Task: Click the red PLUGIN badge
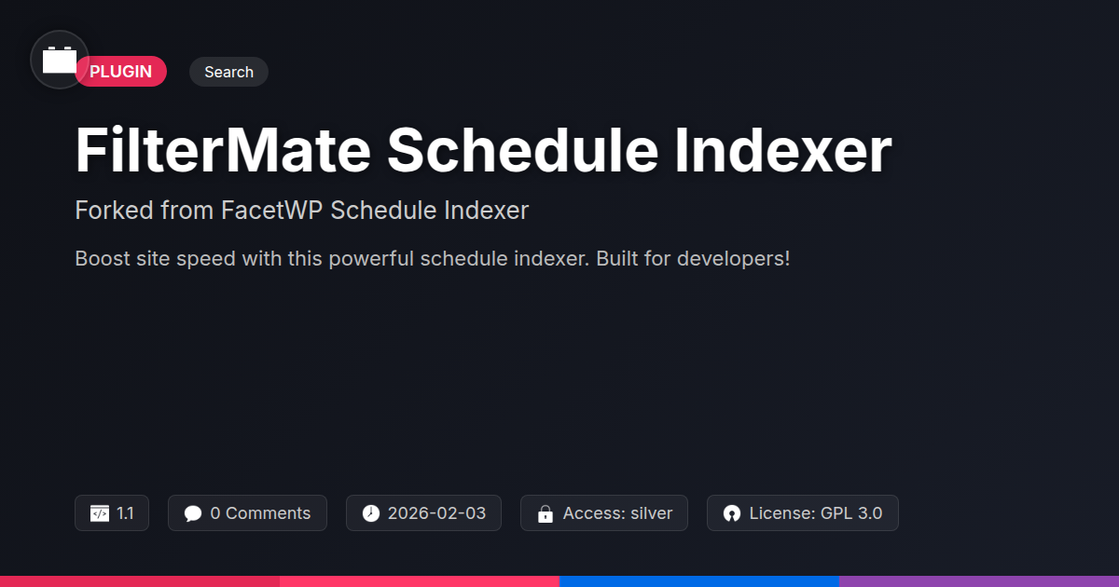pyautogui.click(x=121, y=72)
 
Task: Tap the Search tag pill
pyautogui.click(x=228, y=72)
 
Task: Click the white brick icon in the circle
pyautogui.click(x=60, y=60)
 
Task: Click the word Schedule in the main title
pyautogui.click(x=522, y=150)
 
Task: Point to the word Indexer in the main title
pyautogui.click(x=783, y=150)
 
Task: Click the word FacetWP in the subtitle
pyautogui.click(x=271, y=211)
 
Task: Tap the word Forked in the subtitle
pyautogui.click(x=115, y=211)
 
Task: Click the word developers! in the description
pyautogui.click(x=733, y=259)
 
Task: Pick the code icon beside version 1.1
pyautogui.click(x=100, y=513)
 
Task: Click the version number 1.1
pyautogui.click(x=125, y=513)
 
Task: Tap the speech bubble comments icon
pyautogui.click(x=193, y=513)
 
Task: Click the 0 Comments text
pyautogui.click(x=260, y=513)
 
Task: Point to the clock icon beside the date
pyautogui.click(x=371, y=513)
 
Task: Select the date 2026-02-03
pyautogui.click(x=436, y=513)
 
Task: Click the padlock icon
pyautogui.click(x=546, y=513)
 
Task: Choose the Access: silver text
pyautogui.click(x=618, y=513)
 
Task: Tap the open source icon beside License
pyautogui.click(x=732, y=513)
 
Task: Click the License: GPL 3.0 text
pyautogui.click(x=816, y=513)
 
